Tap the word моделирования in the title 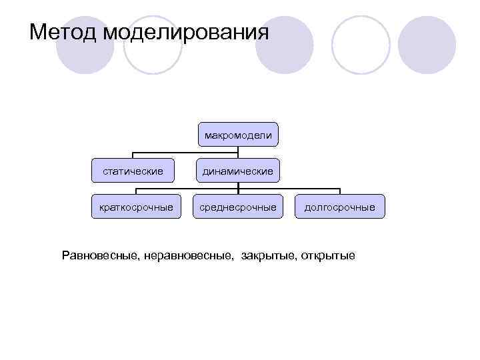point(187,32)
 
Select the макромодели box point(238,135)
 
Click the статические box point(133,171)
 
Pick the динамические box point(238,171)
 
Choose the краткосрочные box point(137,207)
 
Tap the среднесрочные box point(238,207)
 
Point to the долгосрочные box point(339,207)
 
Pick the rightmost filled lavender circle point(427,45)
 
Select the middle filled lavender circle point(285,45)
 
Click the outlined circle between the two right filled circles point(361,45)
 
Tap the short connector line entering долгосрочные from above point(339,191)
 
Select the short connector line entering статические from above point(133,157)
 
